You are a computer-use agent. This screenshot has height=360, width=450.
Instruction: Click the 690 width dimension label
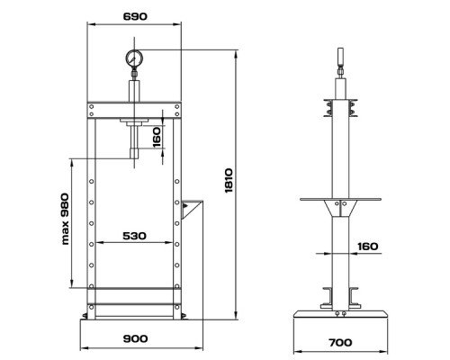[135, 16]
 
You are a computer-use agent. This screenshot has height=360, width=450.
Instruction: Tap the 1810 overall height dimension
[229, 181]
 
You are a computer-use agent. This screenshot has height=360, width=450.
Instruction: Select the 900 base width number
[135, 338]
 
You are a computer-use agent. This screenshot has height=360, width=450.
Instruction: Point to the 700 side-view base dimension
[340, 342]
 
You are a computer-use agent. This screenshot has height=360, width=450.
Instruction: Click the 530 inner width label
[135, 236]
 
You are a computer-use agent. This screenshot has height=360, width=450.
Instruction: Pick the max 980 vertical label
[65, 219]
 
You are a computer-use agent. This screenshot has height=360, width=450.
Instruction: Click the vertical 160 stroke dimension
[157, 138]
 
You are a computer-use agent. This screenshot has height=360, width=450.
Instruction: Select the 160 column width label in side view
[368, 247]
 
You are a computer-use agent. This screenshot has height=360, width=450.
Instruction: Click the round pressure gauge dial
[134, 58]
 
